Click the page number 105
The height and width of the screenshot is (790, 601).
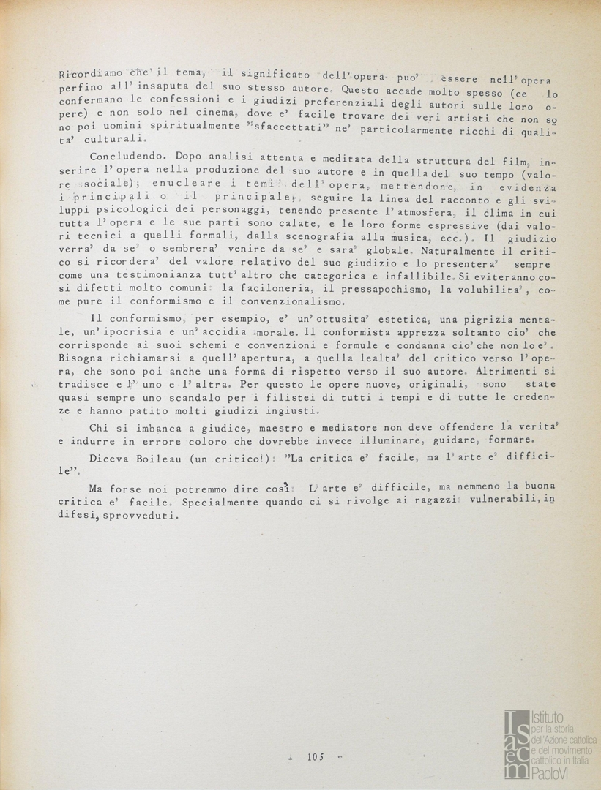316,756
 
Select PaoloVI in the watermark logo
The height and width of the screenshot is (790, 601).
550,772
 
